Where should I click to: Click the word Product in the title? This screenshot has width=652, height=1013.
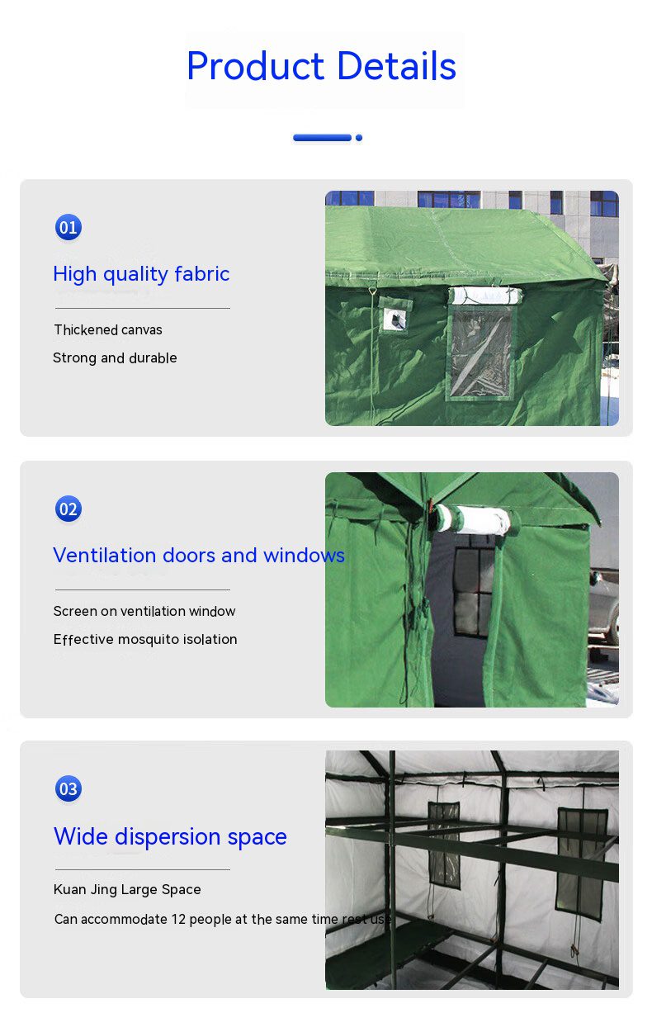(256, 66)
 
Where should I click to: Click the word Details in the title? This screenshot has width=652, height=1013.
(396, 66)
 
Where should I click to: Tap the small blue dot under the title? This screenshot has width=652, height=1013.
(359, 138)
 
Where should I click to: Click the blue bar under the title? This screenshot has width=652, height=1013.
(323, 138)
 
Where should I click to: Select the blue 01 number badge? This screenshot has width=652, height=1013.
(69, 227)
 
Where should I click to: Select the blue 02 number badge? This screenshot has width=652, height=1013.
(69, 509)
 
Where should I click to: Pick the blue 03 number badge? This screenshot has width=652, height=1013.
(69, 788)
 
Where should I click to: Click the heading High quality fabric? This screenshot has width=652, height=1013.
(141, 274)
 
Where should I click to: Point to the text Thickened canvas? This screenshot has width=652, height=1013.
(108, 329)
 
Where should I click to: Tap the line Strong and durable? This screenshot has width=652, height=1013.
(115, 357)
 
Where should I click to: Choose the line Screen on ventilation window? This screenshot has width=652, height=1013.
(144, 611)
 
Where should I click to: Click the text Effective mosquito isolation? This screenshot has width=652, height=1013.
(145, 639)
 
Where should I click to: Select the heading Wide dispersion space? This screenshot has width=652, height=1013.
(170, 836)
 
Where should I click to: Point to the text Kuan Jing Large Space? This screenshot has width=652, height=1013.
(127, 889)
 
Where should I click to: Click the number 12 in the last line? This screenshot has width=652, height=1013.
(178, 919)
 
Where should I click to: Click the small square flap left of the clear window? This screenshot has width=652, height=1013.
(395, 315)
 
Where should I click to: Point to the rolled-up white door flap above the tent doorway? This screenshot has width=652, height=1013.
(473, 519)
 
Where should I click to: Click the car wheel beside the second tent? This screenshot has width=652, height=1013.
(613, 626)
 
